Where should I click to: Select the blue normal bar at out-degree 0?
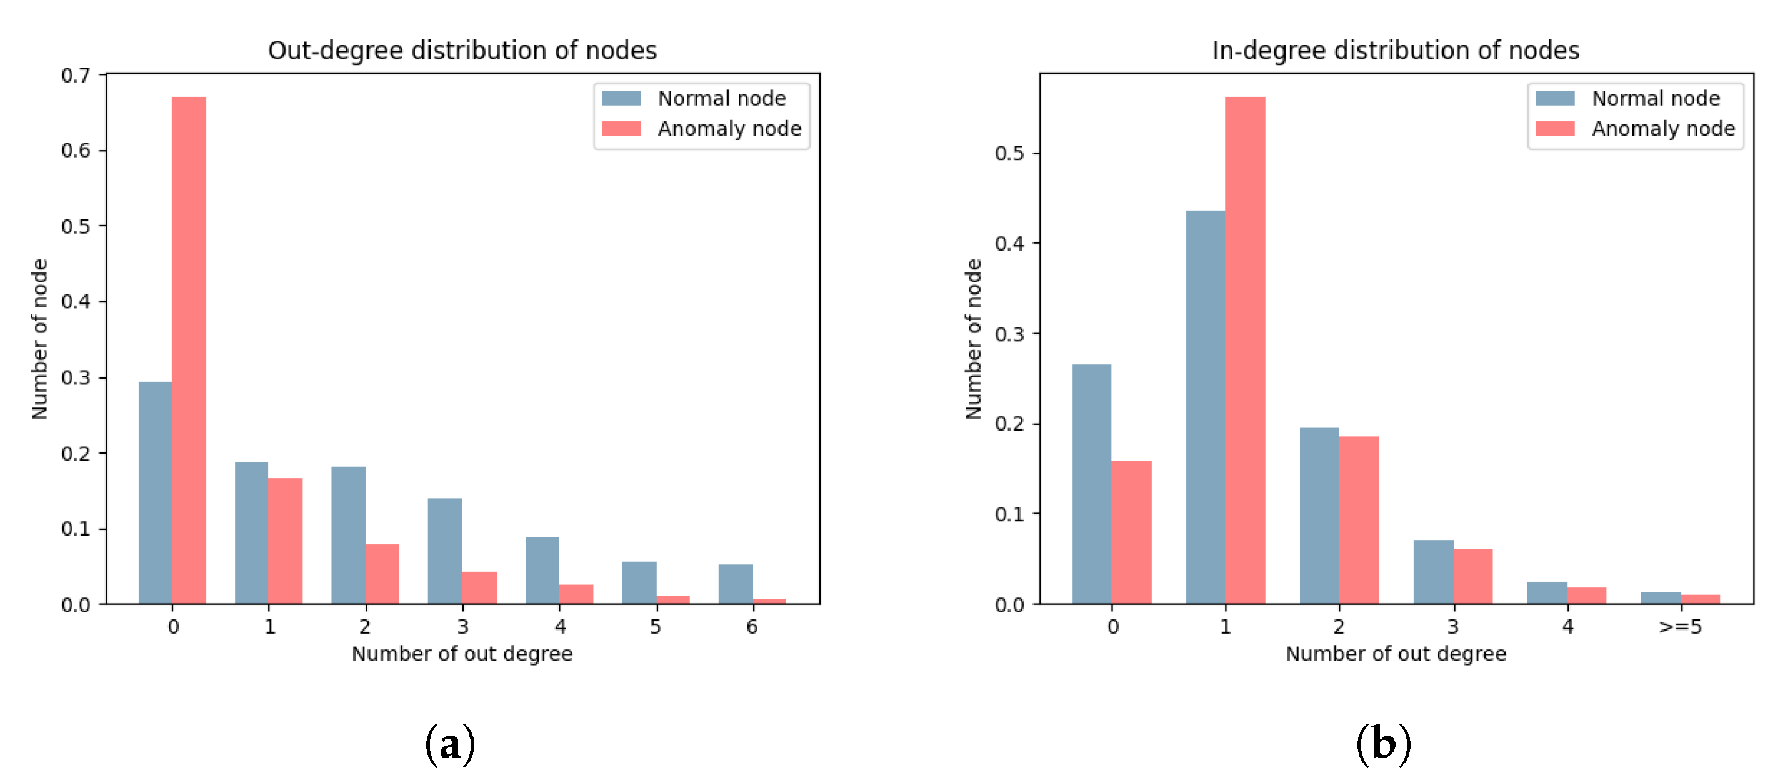(x=155, y=492)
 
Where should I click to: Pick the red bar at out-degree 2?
(x=382, y=574)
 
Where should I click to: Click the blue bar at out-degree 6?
(x=735, y=584)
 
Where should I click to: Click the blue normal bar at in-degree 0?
(x=1091, y=483)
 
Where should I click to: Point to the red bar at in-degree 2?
(x=1358, y=520)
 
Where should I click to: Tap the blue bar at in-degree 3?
(x=1433, y=571)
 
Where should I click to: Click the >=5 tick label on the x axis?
(x=1679, y=626)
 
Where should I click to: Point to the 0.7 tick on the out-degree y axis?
(x=76, y=75)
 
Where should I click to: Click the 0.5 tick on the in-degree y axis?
(x=1009, y=153)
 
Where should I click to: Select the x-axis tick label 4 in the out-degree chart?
(x=559, y=626)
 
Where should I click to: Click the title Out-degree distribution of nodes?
(x=462, y=50)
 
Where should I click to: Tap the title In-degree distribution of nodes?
(x=1395, y=50)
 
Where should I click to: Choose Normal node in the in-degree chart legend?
(x=1655, y=99)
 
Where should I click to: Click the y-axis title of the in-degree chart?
(x=972, y=339)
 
